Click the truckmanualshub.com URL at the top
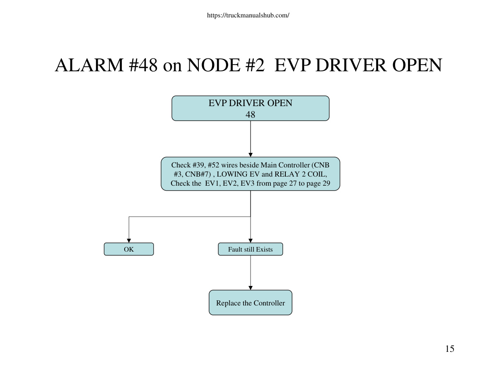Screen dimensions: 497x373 click(248, 15)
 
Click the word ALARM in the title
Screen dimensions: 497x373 click(89, 65)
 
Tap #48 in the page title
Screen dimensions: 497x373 click(143, 65)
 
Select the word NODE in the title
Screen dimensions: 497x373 click(214, 65)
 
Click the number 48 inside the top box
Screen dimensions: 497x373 click(250, 115)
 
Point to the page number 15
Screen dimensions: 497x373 click(450, 349)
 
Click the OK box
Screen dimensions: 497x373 click(129, 249)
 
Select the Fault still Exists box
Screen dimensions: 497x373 click(251, 249)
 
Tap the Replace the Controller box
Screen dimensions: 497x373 click(251, 303)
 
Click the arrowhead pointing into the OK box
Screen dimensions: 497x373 click(129, 241)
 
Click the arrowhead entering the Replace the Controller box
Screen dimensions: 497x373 click(251, 288)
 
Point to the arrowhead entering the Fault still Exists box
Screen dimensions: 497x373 click(251, 241)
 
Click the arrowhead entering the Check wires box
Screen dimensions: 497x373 click(251, 155)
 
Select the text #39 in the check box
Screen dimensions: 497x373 click(199, 165)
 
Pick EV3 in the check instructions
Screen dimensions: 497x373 click(248, 183)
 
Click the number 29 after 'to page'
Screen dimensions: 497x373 click(326, 183)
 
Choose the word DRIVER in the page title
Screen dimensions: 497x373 click(351, 65)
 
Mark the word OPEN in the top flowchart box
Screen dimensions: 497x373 click(280, 103)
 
